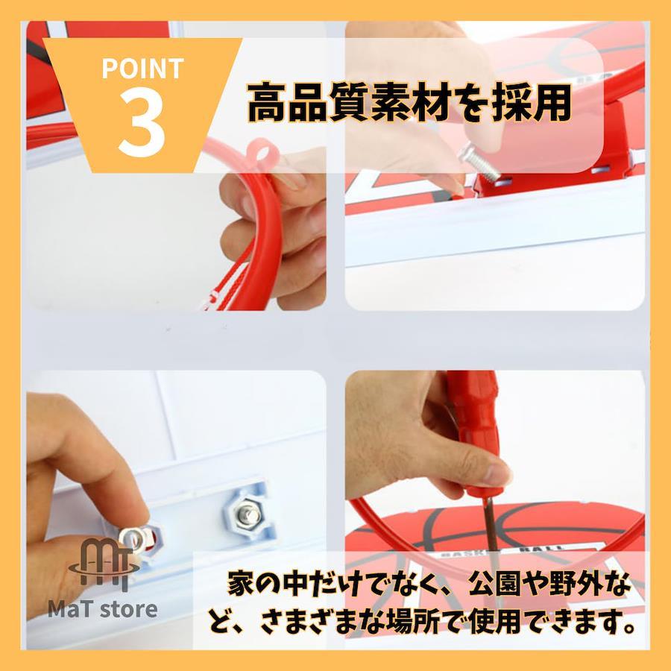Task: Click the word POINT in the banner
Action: [x=142, y=68]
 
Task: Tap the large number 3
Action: [x=142, y=124]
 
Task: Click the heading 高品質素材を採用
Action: [x=409, y=103]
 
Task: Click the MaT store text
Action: [x=102, y=609]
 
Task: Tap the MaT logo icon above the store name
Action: [x=104, y=564]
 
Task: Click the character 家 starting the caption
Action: [x=241, y=583]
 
